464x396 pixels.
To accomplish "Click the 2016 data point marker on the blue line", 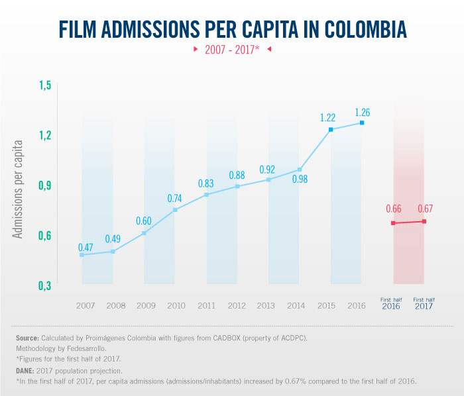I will click(x=362, y=123).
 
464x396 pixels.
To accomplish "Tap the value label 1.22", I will click(x=327, y=118).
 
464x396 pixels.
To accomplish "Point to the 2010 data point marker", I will click(x=176, y=210).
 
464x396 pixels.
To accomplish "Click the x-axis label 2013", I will click(x=265, y=305).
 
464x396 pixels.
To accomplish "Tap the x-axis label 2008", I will click(x=116, y=305).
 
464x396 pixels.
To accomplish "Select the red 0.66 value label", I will click(x=394, y=210).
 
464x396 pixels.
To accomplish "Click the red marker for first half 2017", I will click(x=424, y=221).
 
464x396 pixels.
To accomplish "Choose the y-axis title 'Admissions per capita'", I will click(x=19, y=189).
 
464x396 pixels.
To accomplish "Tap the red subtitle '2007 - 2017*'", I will click(x=232, y=50).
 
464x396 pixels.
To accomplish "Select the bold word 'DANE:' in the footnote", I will click(x=27, y=371).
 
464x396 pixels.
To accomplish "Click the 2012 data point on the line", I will click(x=237, y=186).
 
